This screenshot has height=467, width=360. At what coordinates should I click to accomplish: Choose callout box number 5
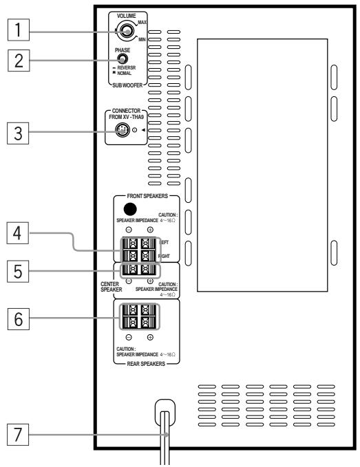(x=15, y=271)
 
